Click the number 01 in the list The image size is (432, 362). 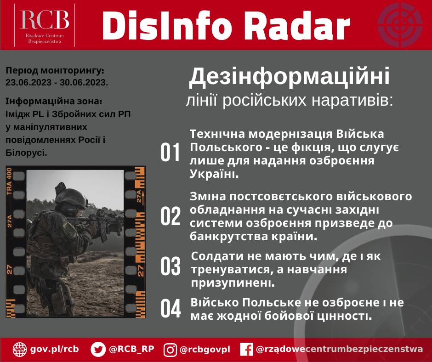171,153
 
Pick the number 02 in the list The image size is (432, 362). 171,216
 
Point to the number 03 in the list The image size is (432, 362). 171,266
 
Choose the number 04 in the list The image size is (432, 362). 171,308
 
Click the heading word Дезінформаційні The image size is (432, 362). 289,77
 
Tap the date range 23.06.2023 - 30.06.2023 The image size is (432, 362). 57,83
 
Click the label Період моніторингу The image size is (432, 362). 55,71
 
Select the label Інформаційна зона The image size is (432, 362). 54,101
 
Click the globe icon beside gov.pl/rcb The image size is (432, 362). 20,349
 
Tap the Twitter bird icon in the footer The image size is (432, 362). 98,349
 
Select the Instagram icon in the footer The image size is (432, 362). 171,350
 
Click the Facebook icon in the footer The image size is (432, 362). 247,350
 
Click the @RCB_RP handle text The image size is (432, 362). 131,349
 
